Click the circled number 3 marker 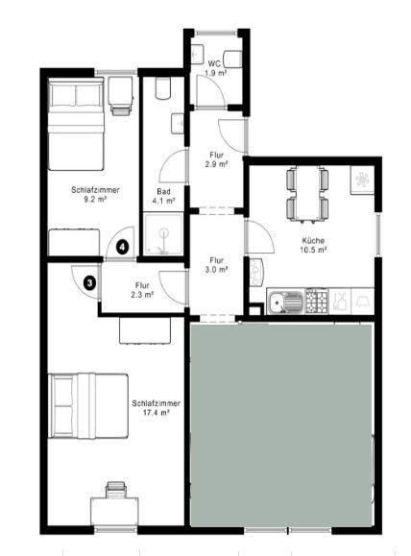point(89,283)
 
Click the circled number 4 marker point(123,248)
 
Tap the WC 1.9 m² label point(216,68)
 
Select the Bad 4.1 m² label point(165,196)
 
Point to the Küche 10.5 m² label point(314,245)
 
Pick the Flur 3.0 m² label point(218,264)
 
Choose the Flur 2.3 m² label point(142,289)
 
